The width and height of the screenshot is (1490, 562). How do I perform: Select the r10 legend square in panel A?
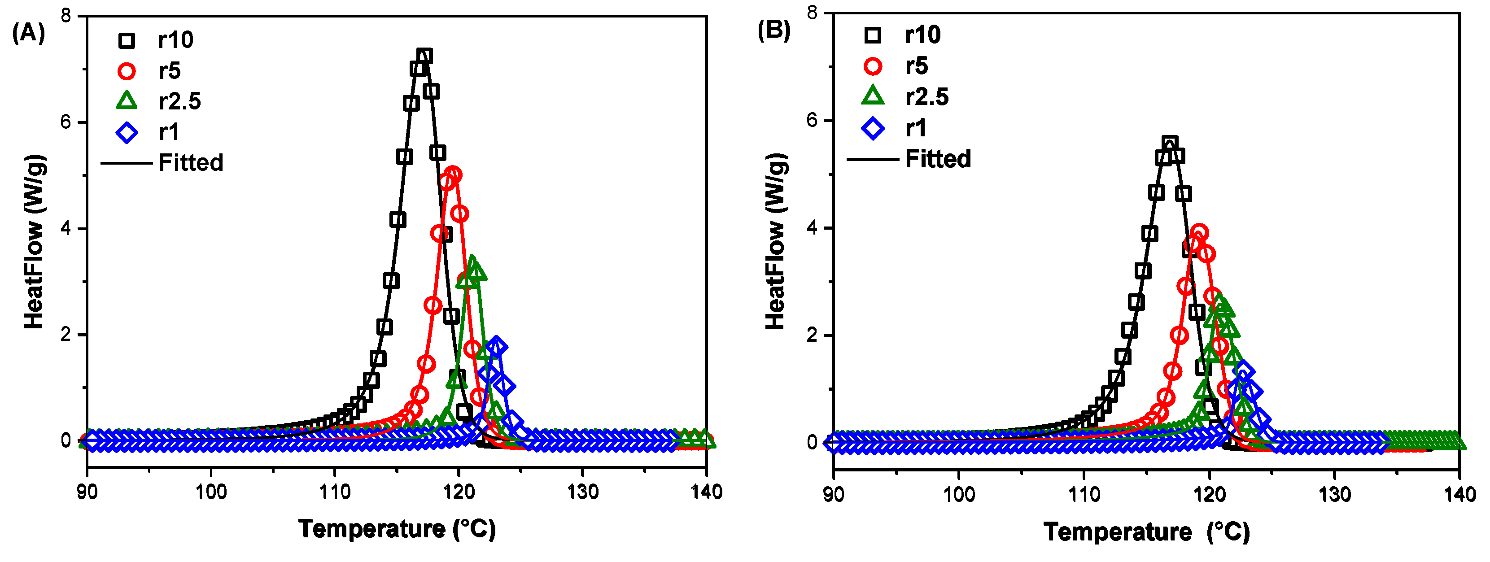pyautogui.click(x=127, y=40)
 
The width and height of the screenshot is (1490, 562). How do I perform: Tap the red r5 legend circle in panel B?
pyautogui.click(x=873, y=66)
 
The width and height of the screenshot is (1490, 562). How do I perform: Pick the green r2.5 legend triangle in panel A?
pyautogui.click(x=127, y=102)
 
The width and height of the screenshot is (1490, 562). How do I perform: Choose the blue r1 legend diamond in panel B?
pyautogui.click(x=873, y=128)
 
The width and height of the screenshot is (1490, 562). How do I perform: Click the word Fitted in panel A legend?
pyautogui.click(x=191, y=163)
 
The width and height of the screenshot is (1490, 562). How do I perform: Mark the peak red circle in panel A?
pyautogui.click(x=454, y=174)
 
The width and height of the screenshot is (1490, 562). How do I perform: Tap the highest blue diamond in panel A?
pyautogui.click(x=496, y=347)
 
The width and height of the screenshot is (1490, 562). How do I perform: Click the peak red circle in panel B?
pyautogui.click(x=1199, y=233)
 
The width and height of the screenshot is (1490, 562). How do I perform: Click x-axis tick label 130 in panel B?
pyautogui.click(x=1334, y=494)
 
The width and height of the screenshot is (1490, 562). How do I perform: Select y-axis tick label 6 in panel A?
pyautogui.click(x=66, y=122)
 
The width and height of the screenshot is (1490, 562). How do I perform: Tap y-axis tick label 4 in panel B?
pyautogui.click(x=812, y=228)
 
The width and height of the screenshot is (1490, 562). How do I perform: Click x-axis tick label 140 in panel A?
pyautogui.click(x=706, y=492)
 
